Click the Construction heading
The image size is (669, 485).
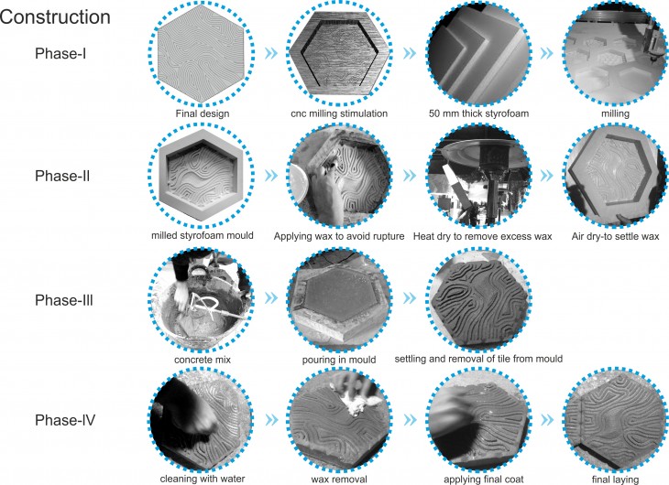pos(55,17)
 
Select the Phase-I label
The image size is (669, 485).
pos(60,54)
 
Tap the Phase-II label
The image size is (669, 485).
pos(62,176)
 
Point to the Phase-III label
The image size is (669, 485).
pos(64,300)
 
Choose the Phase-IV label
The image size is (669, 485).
pos(65,420)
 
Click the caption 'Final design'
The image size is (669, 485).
pos(203,113)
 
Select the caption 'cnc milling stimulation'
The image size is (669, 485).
pos(339,113)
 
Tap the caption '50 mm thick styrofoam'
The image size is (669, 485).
pos(478,113)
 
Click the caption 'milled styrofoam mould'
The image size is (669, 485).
pos(203,236)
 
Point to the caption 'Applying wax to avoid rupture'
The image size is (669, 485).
pos(339,236)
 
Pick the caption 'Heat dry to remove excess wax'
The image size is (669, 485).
pos(483,236)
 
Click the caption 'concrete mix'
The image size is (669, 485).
pos(203,360)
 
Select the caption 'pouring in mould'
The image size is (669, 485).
pos(339,361)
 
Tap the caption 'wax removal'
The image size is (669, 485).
pos(339,480)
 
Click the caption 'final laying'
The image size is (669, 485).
pos(615,480)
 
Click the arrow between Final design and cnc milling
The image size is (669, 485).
pos(271,53)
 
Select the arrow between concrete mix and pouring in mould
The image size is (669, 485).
pos(271,298)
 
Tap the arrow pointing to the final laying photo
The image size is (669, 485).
pos(546,420)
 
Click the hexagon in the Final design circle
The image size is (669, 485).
pos(202,54)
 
